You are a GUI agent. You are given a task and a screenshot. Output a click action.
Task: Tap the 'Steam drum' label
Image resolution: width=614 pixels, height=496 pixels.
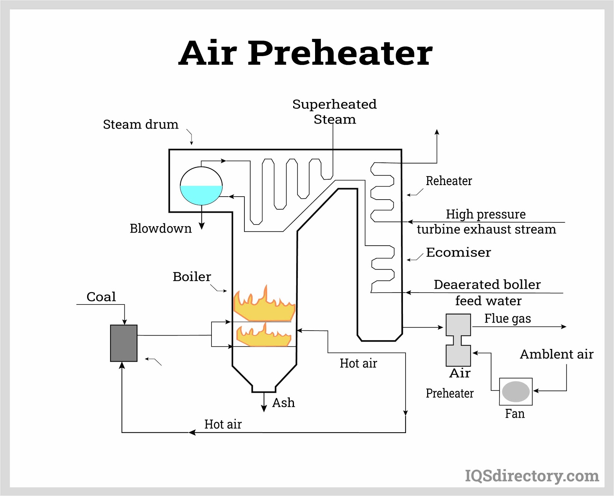coord(140,124)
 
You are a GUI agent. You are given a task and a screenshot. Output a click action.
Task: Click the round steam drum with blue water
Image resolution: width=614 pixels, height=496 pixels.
coord(201,186)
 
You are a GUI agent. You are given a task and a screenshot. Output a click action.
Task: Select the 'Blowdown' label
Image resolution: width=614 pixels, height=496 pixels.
coord(160,228)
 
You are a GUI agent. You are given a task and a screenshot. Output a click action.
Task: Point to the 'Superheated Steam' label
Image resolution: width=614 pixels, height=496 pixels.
coord(335,111)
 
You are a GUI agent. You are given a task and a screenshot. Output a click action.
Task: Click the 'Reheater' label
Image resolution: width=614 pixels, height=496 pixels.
coord(449,181)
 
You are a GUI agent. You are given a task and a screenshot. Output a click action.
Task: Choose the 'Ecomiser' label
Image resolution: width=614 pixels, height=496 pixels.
coord(458,252)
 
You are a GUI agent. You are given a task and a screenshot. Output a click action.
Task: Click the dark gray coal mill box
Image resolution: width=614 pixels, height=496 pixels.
coord(124,343)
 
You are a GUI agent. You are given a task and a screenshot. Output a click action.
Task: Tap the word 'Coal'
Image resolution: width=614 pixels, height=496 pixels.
coord(101,297)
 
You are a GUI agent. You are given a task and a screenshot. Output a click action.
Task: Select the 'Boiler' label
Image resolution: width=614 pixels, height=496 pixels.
coord(191,276)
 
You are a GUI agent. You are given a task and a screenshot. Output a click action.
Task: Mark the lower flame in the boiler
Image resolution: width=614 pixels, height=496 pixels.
coord(264,336)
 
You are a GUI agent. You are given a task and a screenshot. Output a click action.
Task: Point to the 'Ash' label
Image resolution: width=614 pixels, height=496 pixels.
coord(284,403)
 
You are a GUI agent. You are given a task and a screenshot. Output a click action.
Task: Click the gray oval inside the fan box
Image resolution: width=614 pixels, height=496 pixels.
coord(516,392)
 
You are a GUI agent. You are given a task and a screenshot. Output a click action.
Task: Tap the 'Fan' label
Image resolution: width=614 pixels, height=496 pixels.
coord(515,414)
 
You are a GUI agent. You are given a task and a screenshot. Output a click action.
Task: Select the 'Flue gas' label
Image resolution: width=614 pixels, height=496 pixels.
coord(507,319)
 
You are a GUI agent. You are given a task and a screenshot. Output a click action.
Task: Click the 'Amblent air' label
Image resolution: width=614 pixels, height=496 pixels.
coord(556,354)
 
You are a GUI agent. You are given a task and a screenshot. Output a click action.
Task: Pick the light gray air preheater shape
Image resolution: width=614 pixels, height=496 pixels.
coord(458,340)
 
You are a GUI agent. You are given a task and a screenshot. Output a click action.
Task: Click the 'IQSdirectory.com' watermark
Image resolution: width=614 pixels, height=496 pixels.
coord(532,476)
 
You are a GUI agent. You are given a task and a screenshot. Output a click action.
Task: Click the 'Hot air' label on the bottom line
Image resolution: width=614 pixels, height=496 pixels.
coord(223,424)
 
